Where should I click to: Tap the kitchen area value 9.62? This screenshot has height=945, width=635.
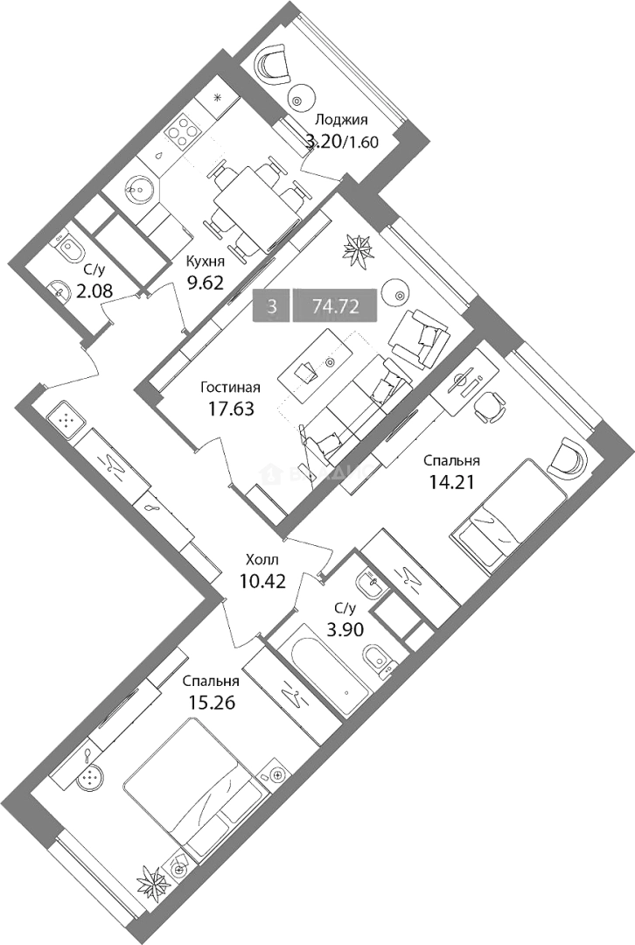click(205, 282)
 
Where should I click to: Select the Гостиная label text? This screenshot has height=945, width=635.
click(230, 387)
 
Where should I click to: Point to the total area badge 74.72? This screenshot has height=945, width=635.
click(336, 307)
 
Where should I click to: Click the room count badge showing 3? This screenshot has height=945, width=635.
click(272, 307)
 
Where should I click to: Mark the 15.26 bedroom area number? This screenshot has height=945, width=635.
click(210, 703)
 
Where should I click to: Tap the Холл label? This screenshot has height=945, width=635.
click(258, 560)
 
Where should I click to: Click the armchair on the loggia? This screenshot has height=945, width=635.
click(272, 64)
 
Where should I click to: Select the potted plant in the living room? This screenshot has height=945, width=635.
click(359, 248)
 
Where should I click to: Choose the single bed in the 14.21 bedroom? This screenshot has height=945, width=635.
click(508, 512)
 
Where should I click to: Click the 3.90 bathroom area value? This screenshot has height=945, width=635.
click(345, 630)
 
